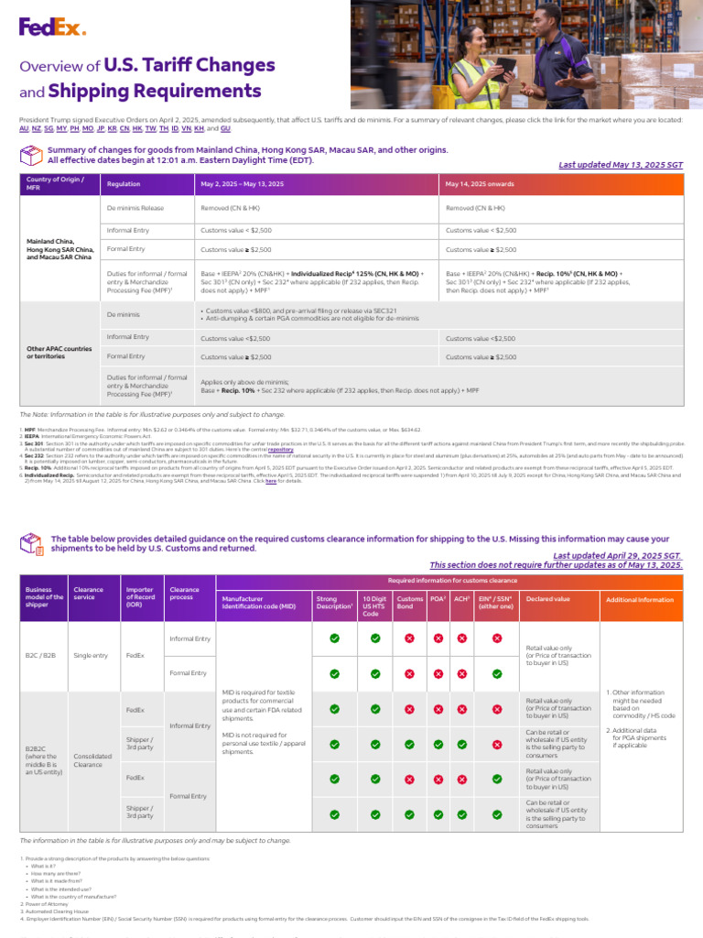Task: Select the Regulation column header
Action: tap(124, 184)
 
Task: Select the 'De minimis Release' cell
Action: tap(135, 208)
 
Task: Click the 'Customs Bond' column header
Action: tap(409, 602)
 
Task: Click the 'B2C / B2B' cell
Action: tap(42, 655)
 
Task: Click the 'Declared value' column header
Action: tap(548, 598)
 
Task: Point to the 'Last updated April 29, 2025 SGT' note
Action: tap(618, 556)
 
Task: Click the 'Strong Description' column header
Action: tap(333, 602)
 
